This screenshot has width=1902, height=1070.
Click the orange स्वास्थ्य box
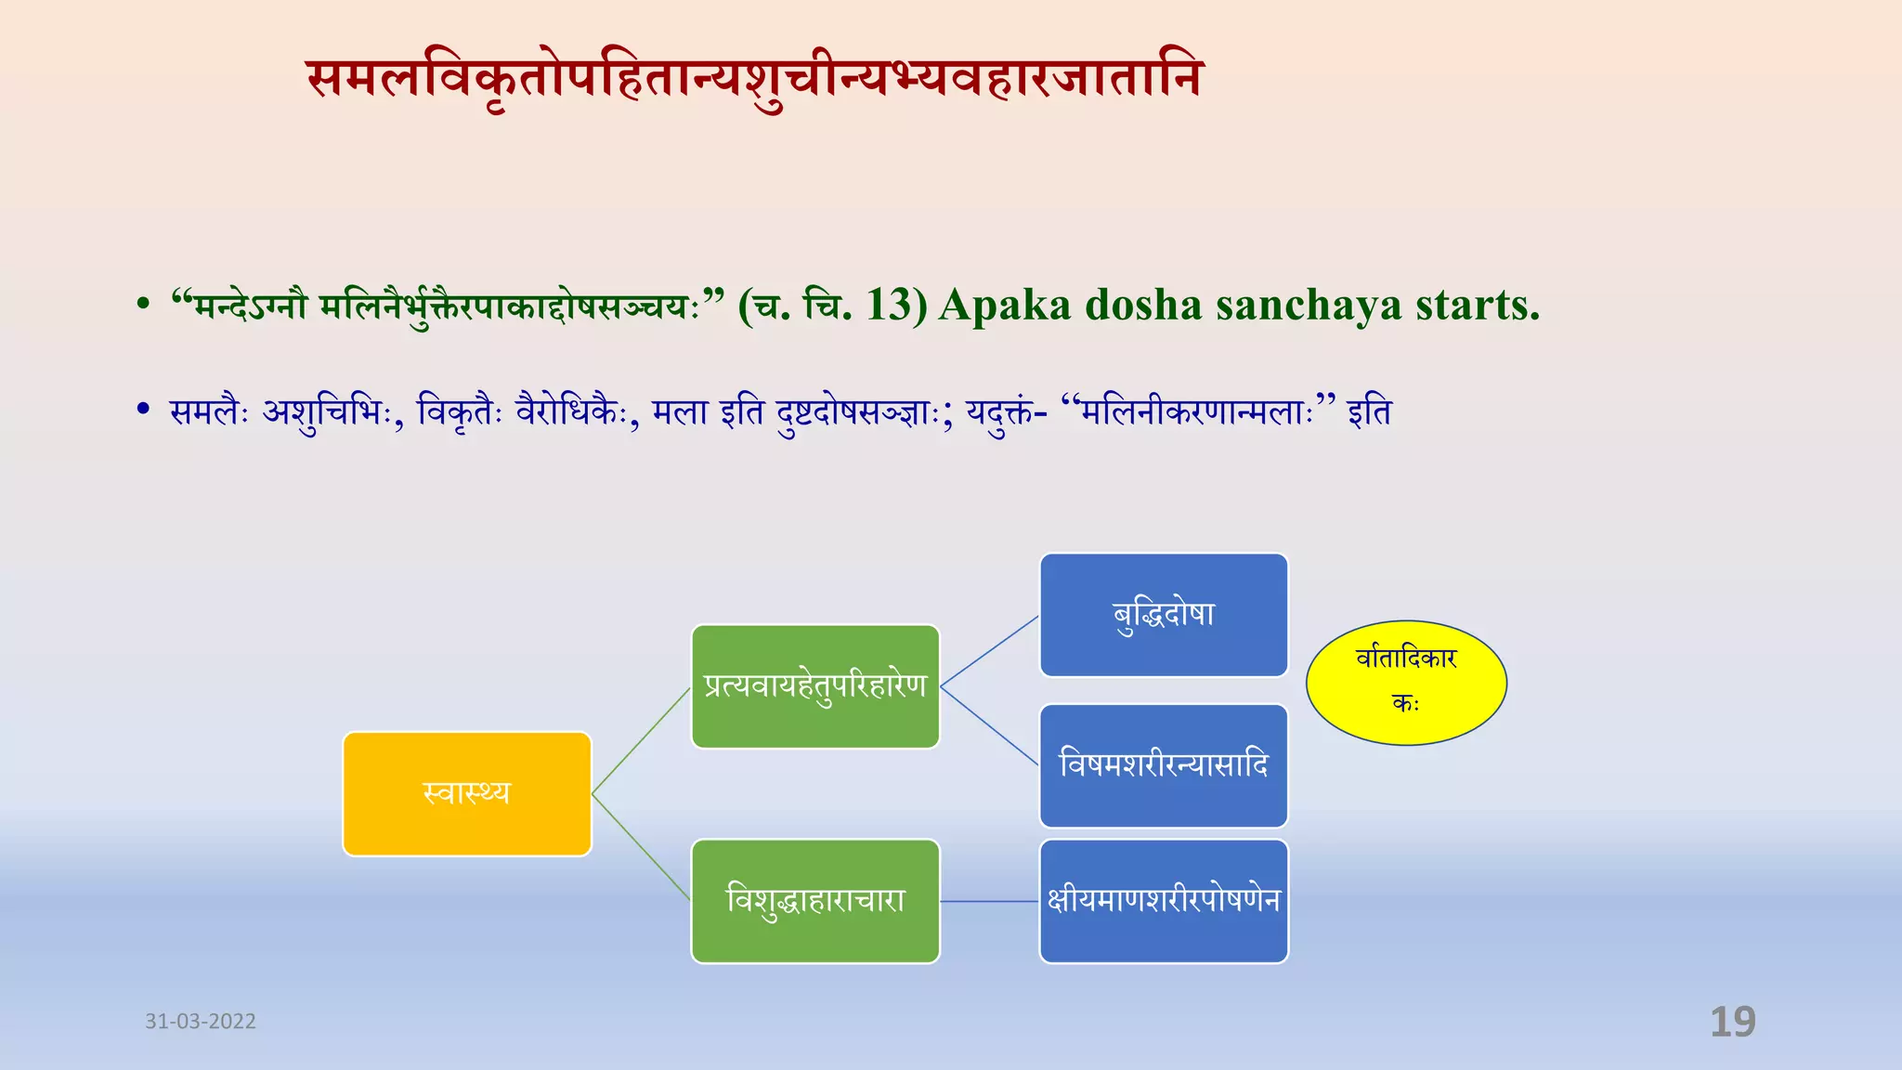tap(467, 794)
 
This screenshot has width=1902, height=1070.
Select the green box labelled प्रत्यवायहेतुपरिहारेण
tap(815, 686)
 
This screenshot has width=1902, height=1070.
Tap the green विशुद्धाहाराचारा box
tap(815, 901)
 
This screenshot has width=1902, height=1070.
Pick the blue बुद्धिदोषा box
tap(1164, 615)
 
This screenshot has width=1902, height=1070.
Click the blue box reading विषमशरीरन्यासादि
tap(1164, 765)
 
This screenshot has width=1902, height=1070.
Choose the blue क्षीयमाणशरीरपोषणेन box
tap(1164, 901)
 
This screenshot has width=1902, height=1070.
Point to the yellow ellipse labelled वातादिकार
tap(1406, 683)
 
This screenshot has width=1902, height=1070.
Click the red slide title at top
tap(754, 80)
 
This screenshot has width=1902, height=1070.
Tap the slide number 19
tap(1733, 1022)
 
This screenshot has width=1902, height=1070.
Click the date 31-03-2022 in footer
tap(201, 1022)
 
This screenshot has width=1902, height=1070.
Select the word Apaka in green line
tap(1005, 306)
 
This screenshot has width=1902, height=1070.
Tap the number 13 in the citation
tap(890, 306)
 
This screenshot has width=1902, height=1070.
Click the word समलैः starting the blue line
tap(210, 411)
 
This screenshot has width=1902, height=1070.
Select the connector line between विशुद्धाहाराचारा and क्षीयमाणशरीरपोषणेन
tap(989, 901)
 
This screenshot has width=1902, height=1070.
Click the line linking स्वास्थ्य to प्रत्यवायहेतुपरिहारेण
tap(641, 740)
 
